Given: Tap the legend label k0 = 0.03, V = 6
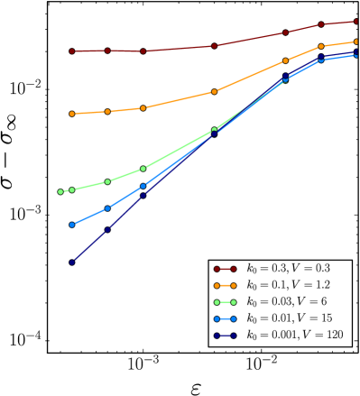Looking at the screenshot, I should pyautogui.click(x=286, y=302).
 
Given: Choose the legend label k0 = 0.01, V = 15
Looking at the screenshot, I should pyautogui.click(x=289, y=318).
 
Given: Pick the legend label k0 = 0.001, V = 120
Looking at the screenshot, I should pyautogui.click(x=295, y=336).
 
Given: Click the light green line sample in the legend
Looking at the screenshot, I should pyautogui.click(x=225, y=302).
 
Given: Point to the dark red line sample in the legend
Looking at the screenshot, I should pyautogui.click(x=225, y=269).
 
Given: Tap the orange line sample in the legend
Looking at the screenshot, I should pyautogui.click(x=225, y=285).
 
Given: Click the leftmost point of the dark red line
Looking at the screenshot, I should pyautogui.click(x=71, y=51).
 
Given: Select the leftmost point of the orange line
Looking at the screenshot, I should pyautogui.click(x=71, y=114).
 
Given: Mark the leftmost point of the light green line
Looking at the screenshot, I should pyautogui.click(x=60, y=191).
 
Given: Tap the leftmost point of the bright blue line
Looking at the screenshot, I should pyautogui.click(x=71, y=225).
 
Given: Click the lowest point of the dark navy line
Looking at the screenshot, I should pyautogui.click(x=71, y=262).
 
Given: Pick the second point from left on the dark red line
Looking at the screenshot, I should pyautogui.click(x=107, y=51).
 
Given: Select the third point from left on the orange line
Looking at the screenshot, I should pyautogui.click(x=143, y=108).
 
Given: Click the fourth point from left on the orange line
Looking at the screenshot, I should pyautogui.click(x=214, y=91).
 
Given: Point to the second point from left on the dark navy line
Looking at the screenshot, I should pyautogui.click(x=107, y=230).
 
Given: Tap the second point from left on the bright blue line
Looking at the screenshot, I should pyautogui.click(x=107, y=208).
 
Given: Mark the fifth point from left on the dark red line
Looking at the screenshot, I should pyautogui.click(x=285, y=32).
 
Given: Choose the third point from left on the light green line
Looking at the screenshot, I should pyautogui.click(x=107, y=181).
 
